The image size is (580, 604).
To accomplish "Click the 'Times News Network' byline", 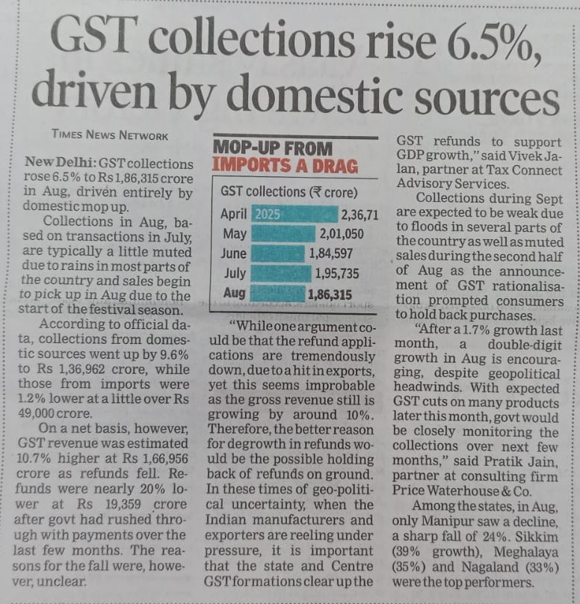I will (110, 135).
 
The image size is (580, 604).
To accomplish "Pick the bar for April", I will (294, 215).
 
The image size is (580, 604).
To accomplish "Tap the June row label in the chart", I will (234, 253).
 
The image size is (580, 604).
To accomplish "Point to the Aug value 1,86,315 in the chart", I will (330, 294).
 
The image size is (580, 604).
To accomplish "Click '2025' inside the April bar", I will (267, 215).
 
